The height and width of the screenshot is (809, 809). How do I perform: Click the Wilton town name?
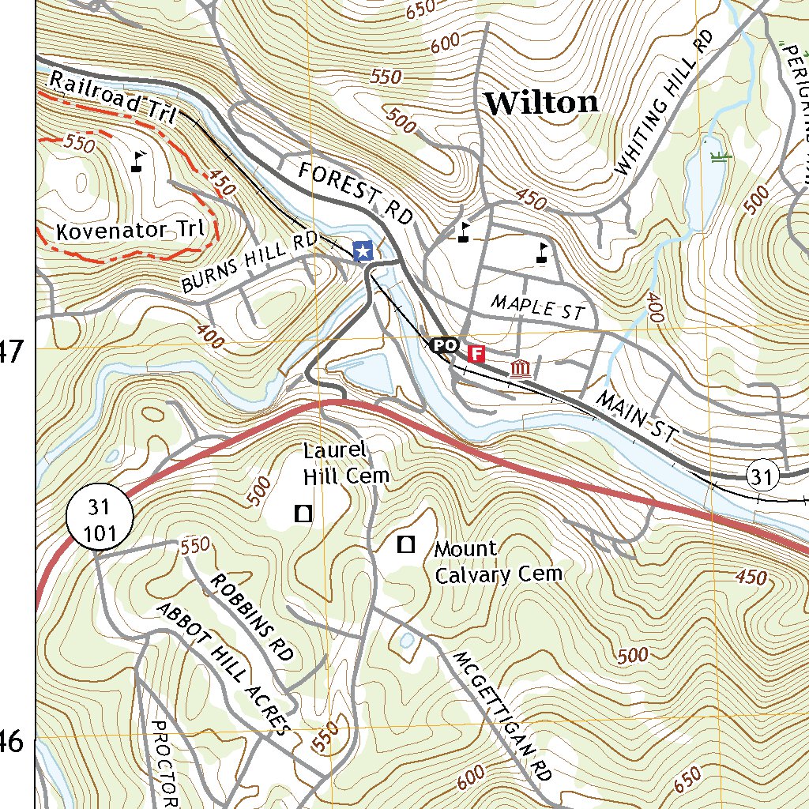coord(541,103)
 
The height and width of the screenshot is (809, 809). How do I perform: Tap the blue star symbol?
coord(363,251)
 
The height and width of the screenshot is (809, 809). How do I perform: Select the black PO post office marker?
coord(444,346)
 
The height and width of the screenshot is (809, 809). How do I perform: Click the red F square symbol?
coord(476,353)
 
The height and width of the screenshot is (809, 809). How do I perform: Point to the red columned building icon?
coord(520,368)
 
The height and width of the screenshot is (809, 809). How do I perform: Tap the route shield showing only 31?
coord(762,476)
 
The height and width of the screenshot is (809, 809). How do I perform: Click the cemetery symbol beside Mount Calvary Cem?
coord(406,544)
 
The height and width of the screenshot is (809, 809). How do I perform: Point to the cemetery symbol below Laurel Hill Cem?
coord(302,514)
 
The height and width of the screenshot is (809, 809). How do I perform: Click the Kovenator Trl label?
coord(130,231)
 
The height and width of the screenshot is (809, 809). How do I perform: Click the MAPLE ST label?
coord(536,307)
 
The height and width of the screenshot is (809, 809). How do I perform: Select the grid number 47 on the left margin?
coord(11,351)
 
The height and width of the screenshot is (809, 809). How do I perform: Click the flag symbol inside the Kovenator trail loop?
coord(138,161)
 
